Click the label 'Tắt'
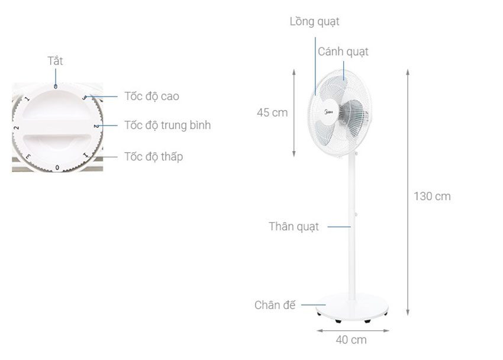click(x=55, y=60)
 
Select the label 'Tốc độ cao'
click(x=151, y=96)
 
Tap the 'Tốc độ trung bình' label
click(x=167, y=126)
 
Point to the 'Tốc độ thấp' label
click(x=153, y=157)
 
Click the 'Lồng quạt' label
click(x=314, y=22)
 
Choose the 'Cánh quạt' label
click(x=343, y=52)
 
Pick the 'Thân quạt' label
click(x=294, y=226)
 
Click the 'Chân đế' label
click(x=275, y=305)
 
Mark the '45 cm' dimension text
click(x=272, y=112)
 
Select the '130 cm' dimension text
click(x=432, y=196)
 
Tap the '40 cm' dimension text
click(x=351, y=340)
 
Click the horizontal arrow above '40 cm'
click(x=352, y=330)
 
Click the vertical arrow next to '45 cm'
click(x=295, y=112)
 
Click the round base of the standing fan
click(x=352, y=306)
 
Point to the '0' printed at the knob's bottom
click(x=57, y=168)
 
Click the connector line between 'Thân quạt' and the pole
click(x=339, y=226)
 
